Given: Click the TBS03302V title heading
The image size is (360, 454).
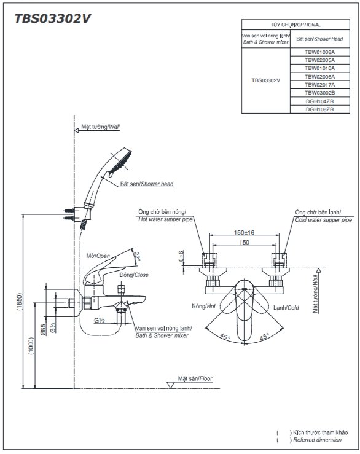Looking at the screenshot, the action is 52,19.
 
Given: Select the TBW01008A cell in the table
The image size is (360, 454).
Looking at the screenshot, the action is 319,52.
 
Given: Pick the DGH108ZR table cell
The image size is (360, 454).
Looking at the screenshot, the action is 319,109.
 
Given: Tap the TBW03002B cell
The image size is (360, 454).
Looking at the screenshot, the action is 319,93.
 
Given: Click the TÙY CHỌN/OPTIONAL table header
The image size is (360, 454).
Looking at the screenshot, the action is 295,25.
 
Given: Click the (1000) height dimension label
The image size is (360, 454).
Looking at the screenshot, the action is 31,346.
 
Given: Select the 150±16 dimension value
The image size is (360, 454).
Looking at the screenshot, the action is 244,232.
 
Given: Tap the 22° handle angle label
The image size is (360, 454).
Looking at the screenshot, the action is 137,257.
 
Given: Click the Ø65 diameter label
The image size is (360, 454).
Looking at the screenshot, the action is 43,330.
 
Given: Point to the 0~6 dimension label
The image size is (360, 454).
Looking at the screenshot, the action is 181,256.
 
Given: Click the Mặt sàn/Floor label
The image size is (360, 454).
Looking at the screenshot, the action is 195,378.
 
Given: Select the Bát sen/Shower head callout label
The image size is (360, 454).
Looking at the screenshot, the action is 147,184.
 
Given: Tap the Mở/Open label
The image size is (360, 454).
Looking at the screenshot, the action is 98,256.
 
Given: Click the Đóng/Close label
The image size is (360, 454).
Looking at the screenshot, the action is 134,275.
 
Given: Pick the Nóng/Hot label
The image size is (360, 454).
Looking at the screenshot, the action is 203,306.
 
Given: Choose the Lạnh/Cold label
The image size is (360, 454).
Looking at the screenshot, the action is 286,308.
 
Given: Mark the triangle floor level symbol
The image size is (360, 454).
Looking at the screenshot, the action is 171,385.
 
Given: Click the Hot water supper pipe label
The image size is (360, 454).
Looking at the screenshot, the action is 165,219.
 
